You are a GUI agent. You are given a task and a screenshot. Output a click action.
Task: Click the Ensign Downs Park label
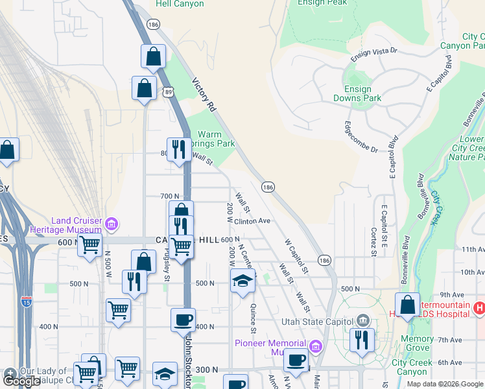click(x=357, y=93)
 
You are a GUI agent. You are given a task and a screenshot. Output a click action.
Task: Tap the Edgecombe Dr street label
click(x=361, y=137)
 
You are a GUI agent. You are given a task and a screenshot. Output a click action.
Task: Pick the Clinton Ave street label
click(x=252, y=220)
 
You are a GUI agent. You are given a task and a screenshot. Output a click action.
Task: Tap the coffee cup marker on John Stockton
click(x=183, y=320)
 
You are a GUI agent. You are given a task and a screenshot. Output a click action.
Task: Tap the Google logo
click(x=21, y=381)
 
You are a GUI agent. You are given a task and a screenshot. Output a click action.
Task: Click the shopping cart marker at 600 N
click(x=89, y=245)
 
